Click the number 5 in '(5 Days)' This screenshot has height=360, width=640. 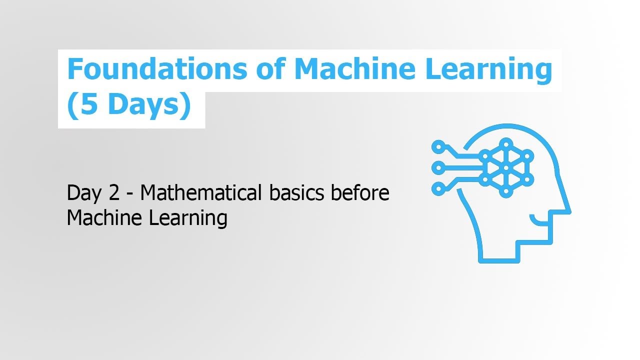tap(88, 105)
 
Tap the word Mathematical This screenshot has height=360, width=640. tap(201, 192)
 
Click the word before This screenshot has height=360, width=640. tap(360, 192)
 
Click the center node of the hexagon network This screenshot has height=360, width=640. tap(506, 167)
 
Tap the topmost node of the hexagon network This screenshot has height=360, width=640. tap(506, 143)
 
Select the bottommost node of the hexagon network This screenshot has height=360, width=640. tap(506, 191)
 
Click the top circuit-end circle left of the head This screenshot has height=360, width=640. tap(438, 147)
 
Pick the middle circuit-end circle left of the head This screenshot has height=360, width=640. tap(438, 167)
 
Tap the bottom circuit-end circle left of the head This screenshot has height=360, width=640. tap(438, 188)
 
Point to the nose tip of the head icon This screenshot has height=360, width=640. tap(569, 211)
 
